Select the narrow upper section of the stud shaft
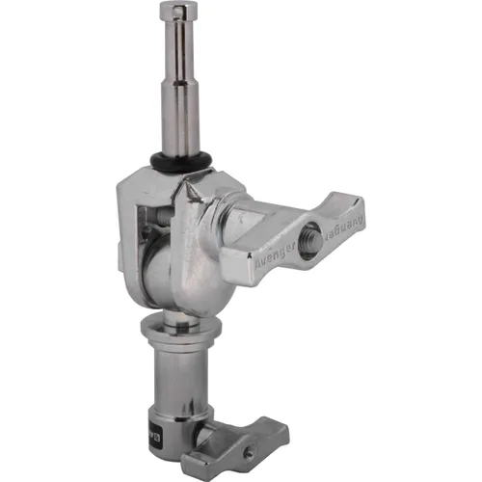click(179, 58)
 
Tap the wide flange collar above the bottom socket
click(175, 334)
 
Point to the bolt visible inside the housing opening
click(147, 231)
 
